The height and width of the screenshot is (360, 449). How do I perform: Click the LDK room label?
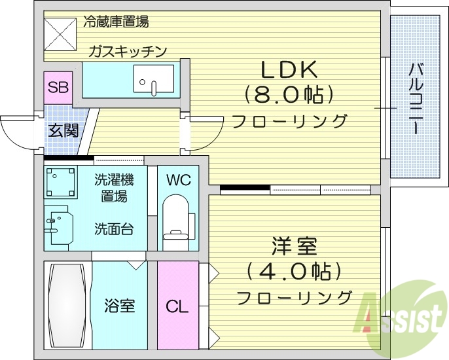click(x=289, y=69)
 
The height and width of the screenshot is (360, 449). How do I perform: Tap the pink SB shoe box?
click(x=58, y=88)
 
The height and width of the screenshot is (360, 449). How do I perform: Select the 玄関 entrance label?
click(x=63, y=130)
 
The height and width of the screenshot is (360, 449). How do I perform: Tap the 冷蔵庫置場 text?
click(x=116, y=22)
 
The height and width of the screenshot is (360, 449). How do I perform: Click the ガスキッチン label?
click(x=129, y=51)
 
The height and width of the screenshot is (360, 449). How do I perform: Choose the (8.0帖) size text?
click(x=289, y=95)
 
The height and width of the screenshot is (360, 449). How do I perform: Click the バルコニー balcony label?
click(x=416, y=99)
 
